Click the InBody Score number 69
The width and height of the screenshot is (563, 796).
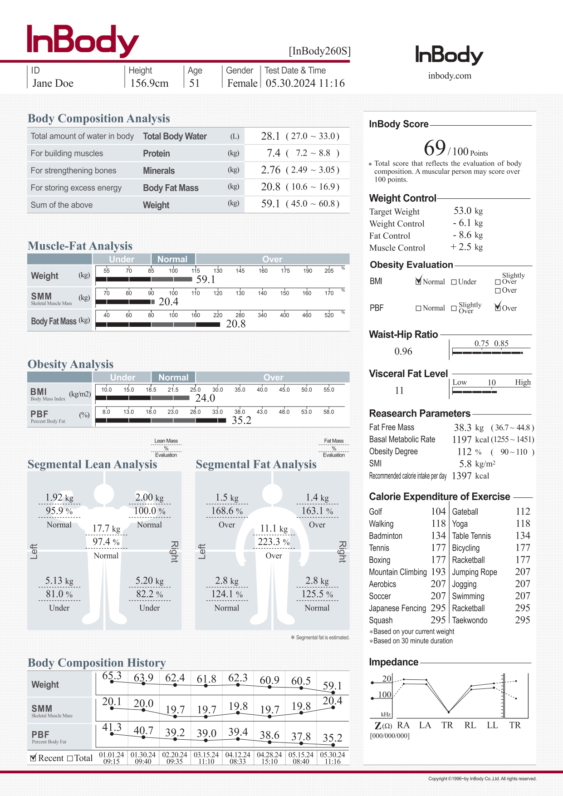coord(435,148)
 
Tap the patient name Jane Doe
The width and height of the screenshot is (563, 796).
coord(53,83)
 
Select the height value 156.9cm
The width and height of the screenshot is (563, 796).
coord(149,83)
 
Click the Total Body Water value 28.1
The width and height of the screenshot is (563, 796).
coord(270,136)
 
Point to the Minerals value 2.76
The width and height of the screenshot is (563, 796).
coord(270,170)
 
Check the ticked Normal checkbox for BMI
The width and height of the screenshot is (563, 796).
coord(418,281)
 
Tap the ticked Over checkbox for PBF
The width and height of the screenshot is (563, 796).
coord(498,308)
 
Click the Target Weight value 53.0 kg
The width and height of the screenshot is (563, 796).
coord(468,211)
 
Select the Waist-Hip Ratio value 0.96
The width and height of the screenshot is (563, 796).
coord(403,351)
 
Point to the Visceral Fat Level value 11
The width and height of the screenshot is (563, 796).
coord(399,390)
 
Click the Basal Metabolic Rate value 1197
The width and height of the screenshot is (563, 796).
coord(462,439)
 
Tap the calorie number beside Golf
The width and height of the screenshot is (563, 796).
coord(438,511)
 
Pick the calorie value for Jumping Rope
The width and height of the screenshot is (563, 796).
coord(523,572)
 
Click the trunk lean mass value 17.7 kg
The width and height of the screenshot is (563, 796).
coord(106,528)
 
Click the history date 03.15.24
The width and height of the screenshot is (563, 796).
coord(206,755)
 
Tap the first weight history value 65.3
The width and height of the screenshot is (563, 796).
coord(112,676)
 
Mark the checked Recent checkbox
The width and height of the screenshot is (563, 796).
coord(33,758)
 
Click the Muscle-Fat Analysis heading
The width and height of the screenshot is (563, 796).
coord(80,246)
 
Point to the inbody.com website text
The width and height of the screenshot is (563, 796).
coord(450,76)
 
